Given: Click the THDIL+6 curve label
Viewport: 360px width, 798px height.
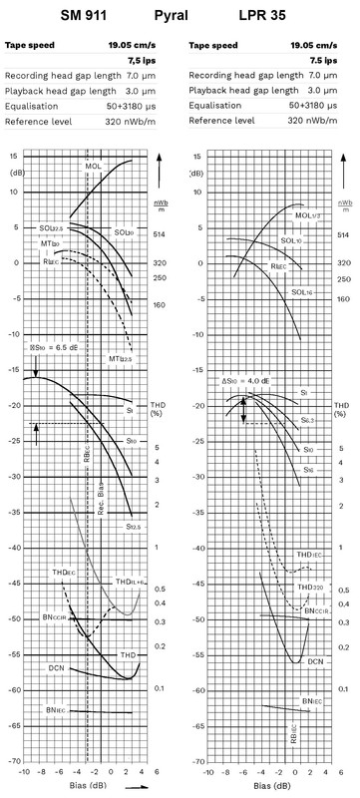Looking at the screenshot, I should click(131, 555).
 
